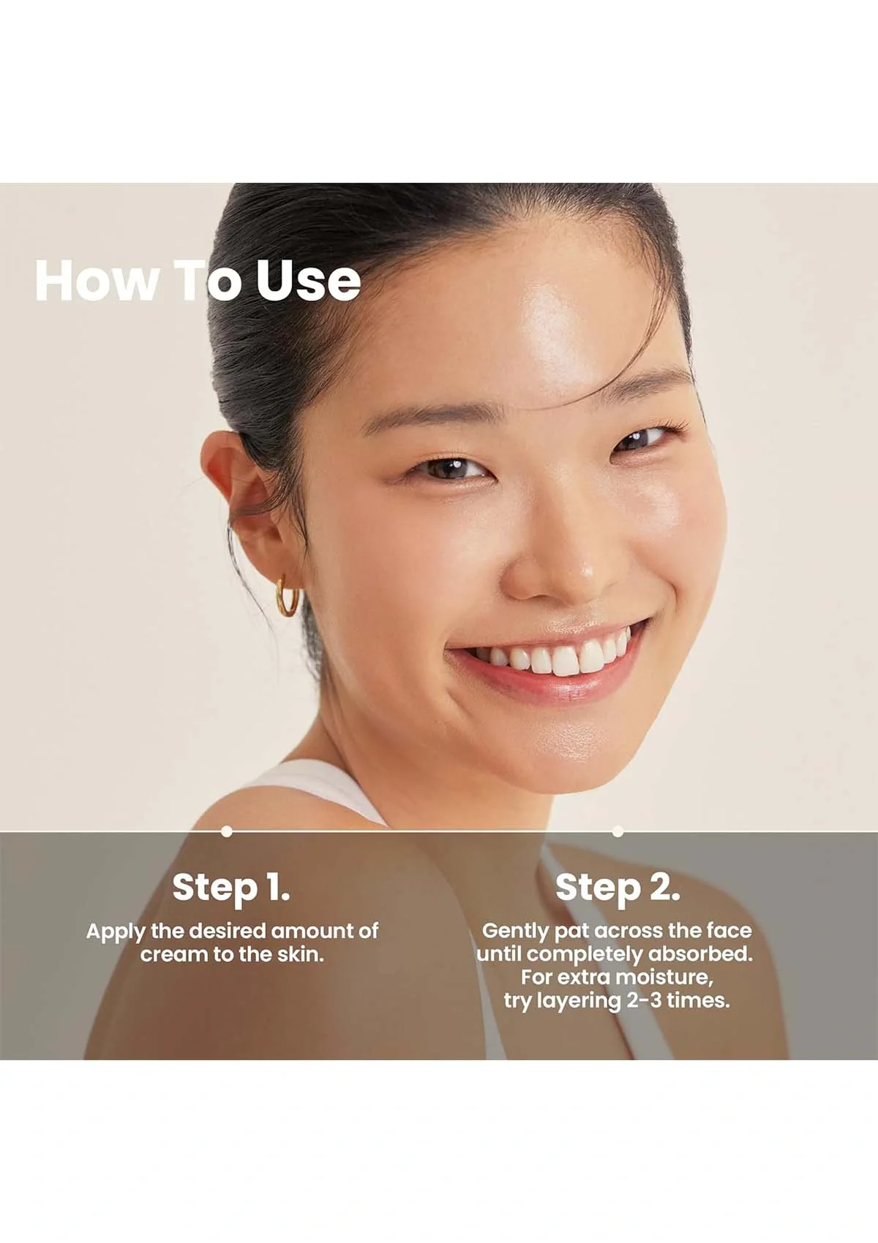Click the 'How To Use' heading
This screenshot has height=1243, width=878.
pyautogui.click(x=198, y=280)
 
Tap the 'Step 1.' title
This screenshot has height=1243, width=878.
pyautogui.click(x=231, y=887)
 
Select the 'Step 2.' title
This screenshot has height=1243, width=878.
pyautogui.click(x=618, y=887)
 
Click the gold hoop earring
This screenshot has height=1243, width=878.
pyautogui.click(x=288, y=596)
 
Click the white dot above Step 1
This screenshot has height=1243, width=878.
pyautogui.click(x=227, y=831)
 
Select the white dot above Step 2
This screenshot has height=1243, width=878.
pyautogui.click(x=618, y=831)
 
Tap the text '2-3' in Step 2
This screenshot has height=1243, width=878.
pyautogui.click(x=643, y=1000)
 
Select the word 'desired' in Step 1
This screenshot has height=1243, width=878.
pyautogui.click(x=227, y=932)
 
